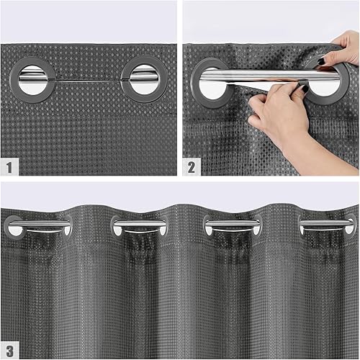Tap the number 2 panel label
coord(192,168)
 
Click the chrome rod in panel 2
coord(259,74)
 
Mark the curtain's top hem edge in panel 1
coord(86,45)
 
